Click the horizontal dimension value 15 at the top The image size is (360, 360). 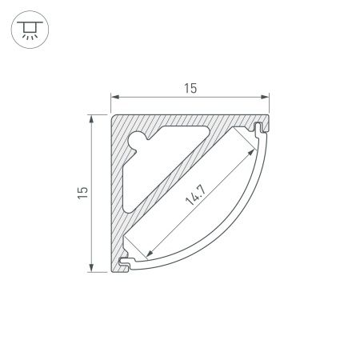(190, 88)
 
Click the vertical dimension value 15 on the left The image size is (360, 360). (82, 193)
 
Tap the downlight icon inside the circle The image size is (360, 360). (30, 30)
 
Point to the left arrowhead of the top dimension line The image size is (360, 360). (115, 97)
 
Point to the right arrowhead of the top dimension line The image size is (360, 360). (265, 97)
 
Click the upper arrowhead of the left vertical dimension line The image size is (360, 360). (91, 119)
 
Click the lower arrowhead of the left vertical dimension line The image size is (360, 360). (91, 268)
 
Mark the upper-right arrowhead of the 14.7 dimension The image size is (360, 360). (251, 152)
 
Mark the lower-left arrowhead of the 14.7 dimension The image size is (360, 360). (150, 253)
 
